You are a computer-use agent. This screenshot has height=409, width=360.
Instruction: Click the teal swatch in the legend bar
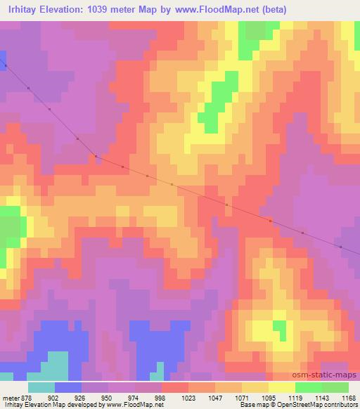click(41, 387)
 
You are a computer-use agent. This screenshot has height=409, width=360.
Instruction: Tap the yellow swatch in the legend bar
click(281, 387)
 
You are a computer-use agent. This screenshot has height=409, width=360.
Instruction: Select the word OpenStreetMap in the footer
click(290, 405)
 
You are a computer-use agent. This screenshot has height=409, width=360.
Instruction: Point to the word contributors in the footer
click(337, 405)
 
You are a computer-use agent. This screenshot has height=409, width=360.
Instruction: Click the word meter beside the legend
click(9, 396)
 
